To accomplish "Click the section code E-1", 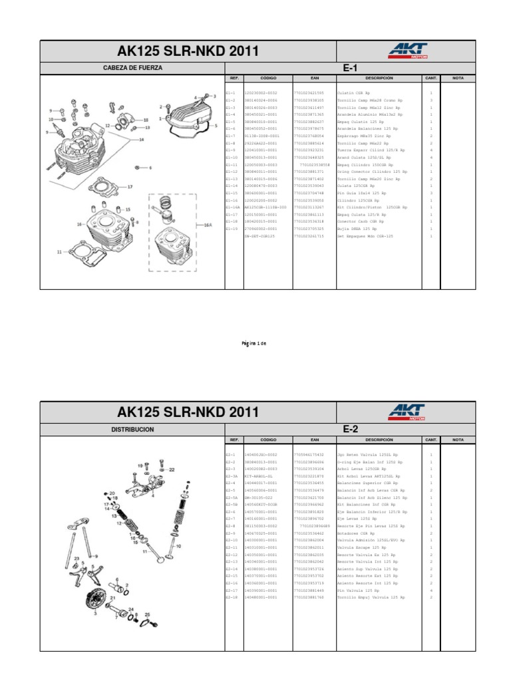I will (x=351, y=68).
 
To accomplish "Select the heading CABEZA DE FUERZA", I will (x=132, y=68).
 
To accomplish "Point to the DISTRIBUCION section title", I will (x=132, y=430).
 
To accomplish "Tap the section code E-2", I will (x=351, y=430).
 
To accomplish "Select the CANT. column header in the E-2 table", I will (x=430, y=440).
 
